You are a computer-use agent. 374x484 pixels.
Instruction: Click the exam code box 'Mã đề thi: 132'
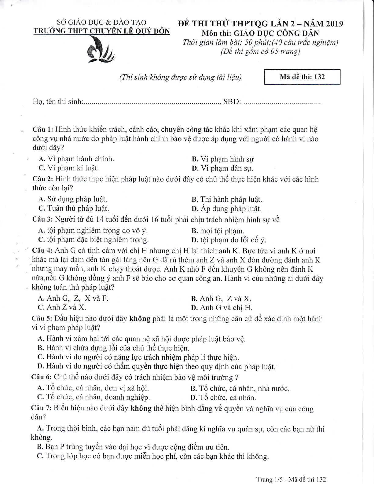click(x=302, y=77)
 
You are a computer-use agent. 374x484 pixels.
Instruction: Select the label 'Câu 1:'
click(x=43, y=130)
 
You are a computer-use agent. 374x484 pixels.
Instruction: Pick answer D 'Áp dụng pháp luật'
click(x=227, y=209)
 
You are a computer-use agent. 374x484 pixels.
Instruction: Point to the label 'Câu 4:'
click(x=42, y=251)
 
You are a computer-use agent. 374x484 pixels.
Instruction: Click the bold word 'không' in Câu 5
click(x=140, y=319)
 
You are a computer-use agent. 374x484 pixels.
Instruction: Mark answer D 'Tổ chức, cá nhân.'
click(x=223, y=398)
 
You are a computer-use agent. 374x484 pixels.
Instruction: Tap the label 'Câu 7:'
click(x=42, y=409)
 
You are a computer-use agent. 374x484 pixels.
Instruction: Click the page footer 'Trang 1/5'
click(x=269, y=479)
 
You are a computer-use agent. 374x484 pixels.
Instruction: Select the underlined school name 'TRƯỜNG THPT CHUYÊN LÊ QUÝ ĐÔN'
click(x=101, y=31)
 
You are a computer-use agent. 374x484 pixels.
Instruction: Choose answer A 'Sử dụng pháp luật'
click(x=73, y=200)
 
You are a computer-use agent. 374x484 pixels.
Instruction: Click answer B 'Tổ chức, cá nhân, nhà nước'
click(x=240, y=389)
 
